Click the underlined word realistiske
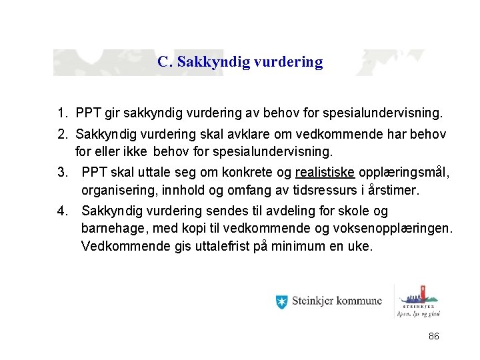coord(325,173)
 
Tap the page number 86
coord(434,337)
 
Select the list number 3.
coord(63,173)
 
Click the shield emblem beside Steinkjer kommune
coord(282,301)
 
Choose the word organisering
coord(119,191)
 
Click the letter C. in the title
coord(164,63)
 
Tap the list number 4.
coord(63,211)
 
